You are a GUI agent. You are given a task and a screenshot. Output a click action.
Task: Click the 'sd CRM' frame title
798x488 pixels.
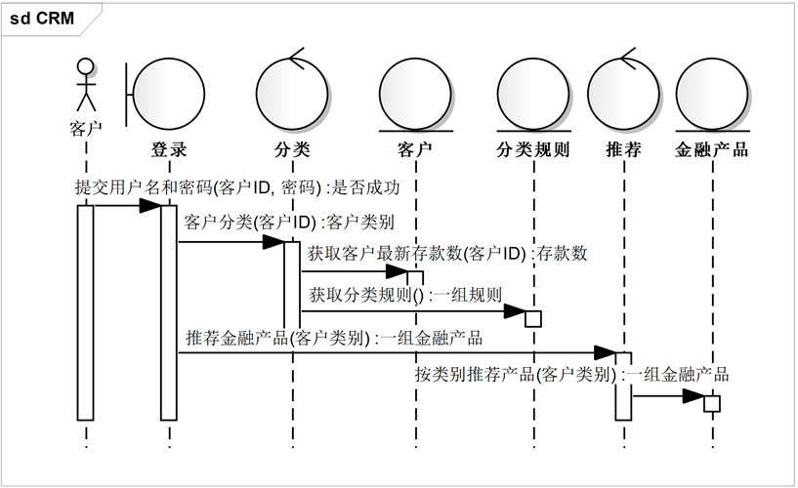pos(42,19)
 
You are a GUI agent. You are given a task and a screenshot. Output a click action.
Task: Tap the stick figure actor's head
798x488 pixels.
pos(86,66)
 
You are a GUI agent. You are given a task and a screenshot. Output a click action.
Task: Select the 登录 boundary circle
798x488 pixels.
pos(169,94)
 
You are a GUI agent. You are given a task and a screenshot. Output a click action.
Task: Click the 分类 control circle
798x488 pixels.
pos(292,94)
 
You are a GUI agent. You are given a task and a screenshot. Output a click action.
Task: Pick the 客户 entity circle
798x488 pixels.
pos(415,94)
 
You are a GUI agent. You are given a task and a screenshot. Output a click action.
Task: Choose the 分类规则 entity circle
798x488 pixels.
pos(533,94)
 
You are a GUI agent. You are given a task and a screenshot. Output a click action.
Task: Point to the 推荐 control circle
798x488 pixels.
pos(623,94)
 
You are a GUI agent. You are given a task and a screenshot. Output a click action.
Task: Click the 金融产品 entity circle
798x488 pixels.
pos(712,94)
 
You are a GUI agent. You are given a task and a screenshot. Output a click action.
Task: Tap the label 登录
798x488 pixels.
pos(169,149)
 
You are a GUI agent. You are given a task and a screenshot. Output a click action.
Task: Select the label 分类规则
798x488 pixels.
pos(533,149)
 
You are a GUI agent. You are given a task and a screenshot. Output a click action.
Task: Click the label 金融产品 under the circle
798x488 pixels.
pos(711,149)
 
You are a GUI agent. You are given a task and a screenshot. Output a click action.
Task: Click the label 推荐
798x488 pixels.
pos(623,149)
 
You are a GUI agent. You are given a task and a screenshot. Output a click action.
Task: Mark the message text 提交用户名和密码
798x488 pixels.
pos(144,187)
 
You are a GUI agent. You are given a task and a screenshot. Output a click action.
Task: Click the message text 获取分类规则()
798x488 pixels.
pos(366,295)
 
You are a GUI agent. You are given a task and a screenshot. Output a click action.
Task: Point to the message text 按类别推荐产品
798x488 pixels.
pos(475,375)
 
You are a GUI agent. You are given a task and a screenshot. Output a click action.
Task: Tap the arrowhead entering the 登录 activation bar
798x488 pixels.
pos(150,206)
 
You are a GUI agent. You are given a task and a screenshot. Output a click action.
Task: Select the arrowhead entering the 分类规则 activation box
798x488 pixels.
pos(515,311)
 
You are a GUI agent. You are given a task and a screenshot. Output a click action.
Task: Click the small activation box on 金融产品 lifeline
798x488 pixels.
pos(712,404)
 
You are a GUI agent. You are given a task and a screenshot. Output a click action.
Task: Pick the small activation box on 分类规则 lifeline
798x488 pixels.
pos(533,319)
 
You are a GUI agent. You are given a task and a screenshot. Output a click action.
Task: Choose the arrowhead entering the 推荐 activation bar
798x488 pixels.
pos(605,352)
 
